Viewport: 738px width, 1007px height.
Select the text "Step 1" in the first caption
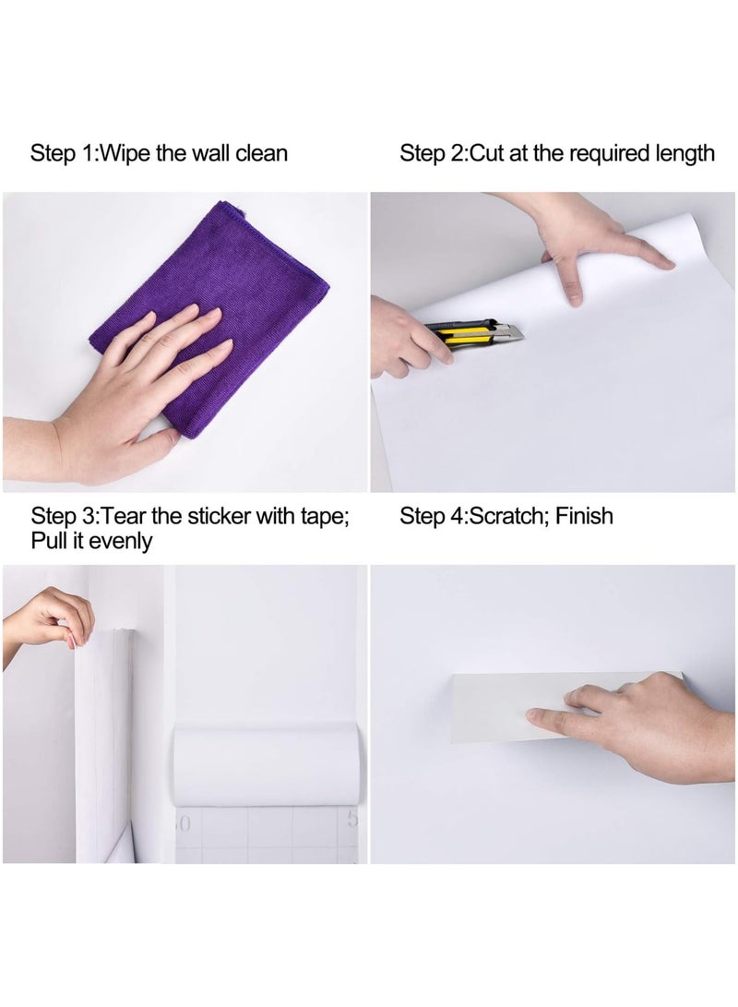pyautogui.click(x=61, y=153)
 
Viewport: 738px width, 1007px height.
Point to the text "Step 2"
pyautogui.click(x=432, y=153)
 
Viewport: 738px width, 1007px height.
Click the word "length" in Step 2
pyautogui.click(x=681, y=153)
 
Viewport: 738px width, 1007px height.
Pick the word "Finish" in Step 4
pyautogui.click(x=584, y=515)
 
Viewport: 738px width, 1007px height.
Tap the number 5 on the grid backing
pyautogui.click(x=351, y=819)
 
